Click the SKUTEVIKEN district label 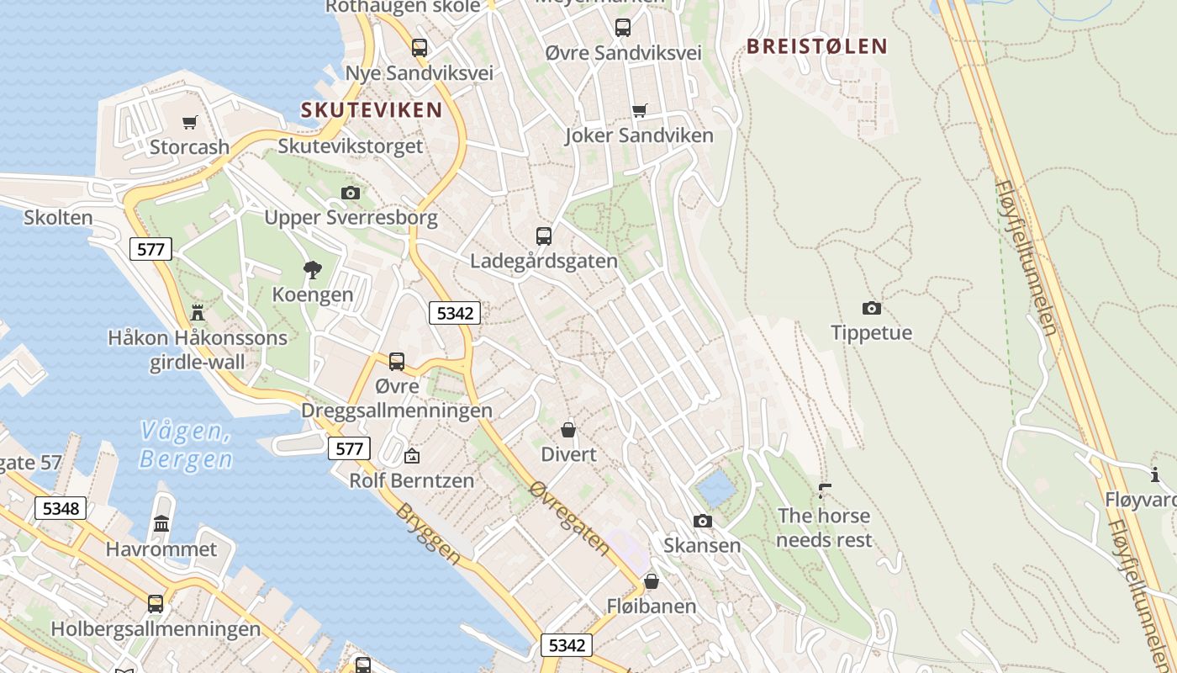372,109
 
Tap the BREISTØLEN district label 817,46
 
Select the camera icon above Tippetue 872,308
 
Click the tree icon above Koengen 313,270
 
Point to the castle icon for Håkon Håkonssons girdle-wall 198,313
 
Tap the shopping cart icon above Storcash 190,123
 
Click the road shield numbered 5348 61,508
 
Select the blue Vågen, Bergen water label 186,445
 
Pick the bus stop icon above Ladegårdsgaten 544,236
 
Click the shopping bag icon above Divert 568,430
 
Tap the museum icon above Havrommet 161,524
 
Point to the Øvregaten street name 570,517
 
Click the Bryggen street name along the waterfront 428,534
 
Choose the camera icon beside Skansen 703,522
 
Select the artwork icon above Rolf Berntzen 412,457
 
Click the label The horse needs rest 824,527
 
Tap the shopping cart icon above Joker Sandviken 639,111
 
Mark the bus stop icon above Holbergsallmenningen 156,603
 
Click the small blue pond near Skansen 715,487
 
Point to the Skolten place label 58,217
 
